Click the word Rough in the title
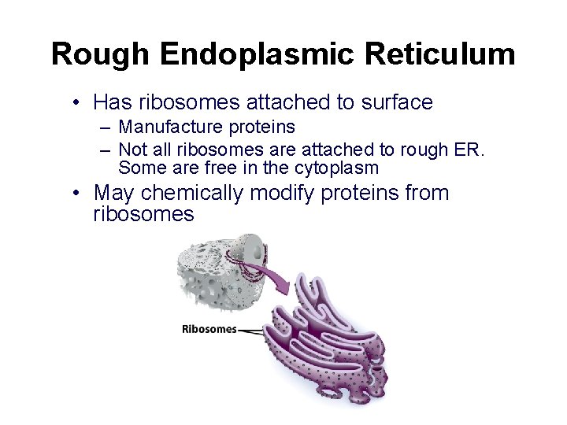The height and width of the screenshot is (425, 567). (x=101, y=54)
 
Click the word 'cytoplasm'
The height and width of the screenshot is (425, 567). (x=336, y=168)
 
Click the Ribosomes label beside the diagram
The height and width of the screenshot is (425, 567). (x=209, y=329)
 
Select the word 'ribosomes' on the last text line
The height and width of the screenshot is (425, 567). (x=143, y=214)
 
